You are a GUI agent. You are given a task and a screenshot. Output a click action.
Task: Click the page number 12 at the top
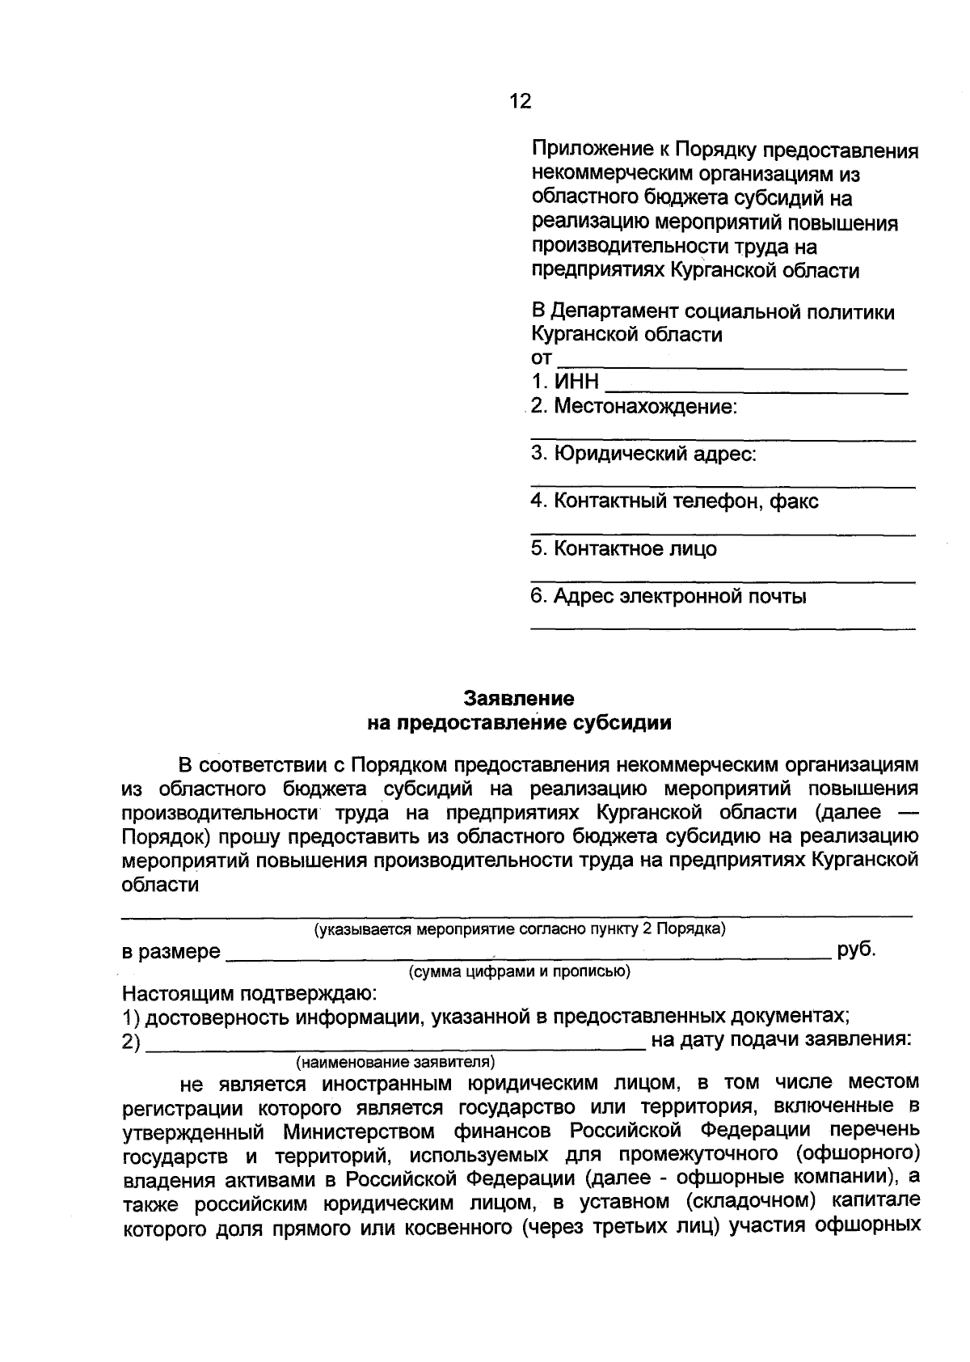pyautogui.click(x=521, y=101)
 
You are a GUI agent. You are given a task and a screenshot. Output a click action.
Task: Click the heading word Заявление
pyautogui.click(x=519, y=698)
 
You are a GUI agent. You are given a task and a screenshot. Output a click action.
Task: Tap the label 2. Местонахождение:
pyautogui.click(x=635, y=406)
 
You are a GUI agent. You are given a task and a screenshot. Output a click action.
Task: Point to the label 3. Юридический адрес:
pyautogui.click(x=643, y=454)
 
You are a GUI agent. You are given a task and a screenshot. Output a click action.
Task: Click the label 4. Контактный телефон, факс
pyautogui.click(x=674, y=501)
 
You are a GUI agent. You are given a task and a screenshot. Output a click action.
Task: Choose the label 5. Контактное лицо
pyautogui.click(x=623, y=549)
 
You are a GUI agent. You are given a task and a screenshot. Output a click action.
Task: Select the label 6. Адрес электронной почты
pyautogui.click(x=668, y=597)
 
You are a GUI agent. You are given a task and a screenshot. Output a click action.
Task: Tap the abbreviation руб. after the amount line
pyautogui.click(x=857, y=950)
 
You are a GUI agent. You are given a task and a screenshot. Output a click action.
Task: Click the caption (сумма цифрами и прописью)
pyautogui.click(x=520, y=971)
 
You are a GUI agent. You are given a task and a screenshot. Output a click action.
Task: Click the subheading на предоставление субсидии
pyautogui.click(x=519, y=722)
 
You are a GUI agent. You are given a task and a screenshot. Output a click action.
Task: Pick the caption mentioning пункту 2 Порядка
pyautogui.click(x=520, y=929)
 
